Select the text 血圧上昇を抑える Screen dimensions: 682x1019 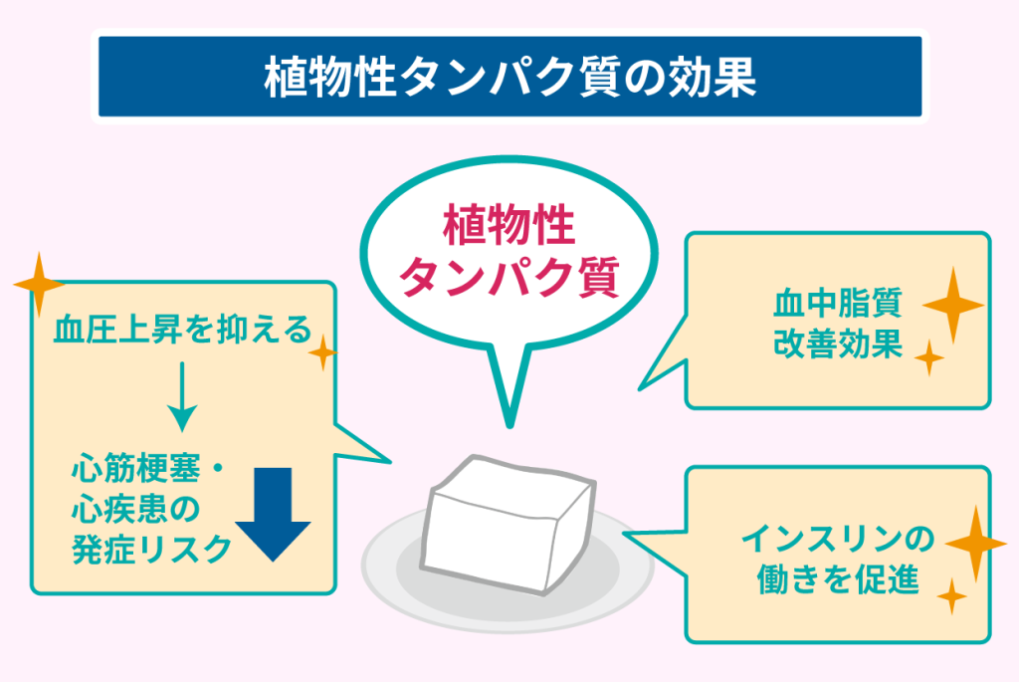pos(183,330)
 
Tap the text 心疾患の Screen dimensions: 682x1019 pos(136,509)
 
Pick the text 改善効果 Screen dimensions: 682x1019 pos(838,344)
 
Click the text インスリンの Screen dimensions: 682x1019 pos(838,541)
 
